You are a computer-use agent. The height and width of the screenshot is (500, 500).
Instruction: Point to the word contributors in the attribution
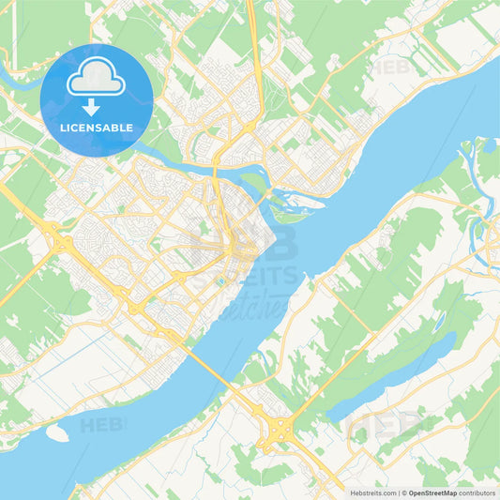pos(477,492)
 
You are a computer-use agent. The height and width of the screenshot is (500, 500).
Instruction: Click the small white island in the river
pos(57,433)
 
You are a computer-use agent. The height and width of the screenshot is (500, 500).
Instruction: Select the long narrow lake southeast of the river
pos(394,375)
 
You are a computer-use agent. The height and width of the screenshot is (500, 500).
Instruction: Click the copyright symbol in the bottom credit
pos(403,492)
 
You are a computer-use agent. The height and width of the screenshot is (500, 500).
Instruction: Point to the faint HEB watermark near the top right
pos(394,67)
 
